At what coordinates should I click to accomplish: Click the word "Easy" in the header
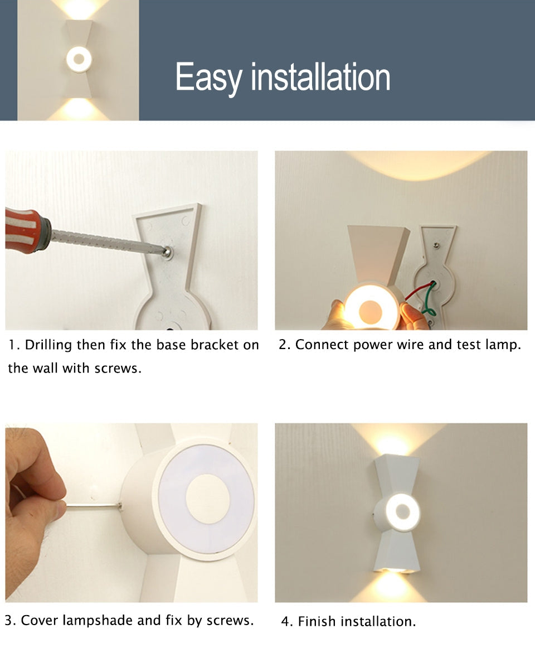tap(208, 78)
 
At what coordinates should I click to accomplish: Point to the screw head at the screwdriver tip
tap(167, 252)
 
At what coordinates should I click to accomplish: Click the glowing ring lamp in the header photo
tap(79, 60)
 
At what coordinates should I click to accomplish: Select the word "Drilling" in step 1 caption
tap(48, 345)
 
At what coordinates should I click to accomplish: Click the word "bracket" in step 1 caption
tap(213, 345)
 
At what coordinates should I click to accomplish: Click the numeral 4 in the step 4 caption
tap(285, 622)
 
